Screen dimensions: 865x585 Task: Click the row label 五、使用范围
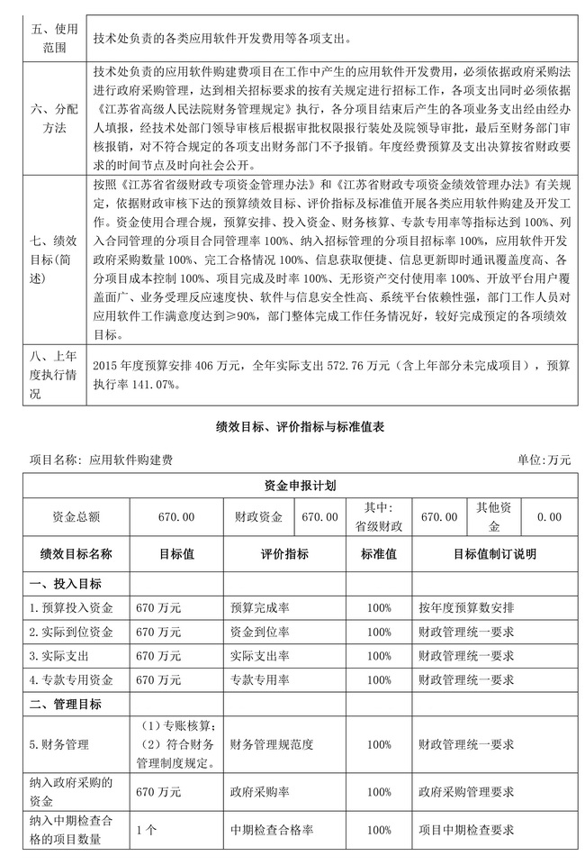pos(44,38)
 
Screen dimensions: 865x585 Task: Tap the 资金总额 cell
pos(76,517)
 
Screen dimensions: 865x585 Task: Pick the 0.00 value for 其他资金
pos(548,517)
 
